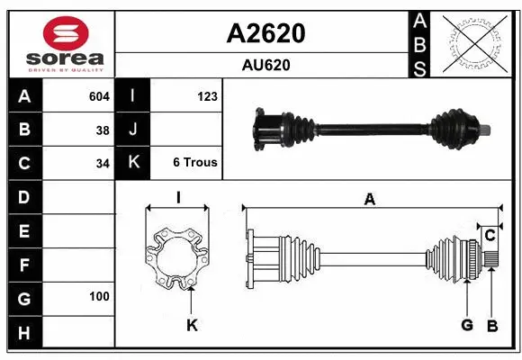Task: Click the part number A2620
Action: coord(265,33)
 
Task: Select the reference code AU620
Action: coord(265,65)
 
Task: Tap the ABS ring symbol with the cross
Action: coord(474,42)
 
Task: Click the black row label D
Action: coord(24,196)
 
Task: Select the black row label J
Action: coord(133,130)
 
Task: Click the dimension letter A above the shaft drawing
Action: coord(369,200)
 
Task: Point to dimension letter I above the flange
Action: coord(178,198)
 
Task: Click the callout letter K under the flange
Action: coord(191,325)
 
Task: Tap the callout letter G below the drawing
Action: coord(467,324)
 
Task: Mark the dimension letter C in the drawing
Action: coord(490,235)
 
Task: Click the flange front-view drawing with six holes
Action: coord(177,258)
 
